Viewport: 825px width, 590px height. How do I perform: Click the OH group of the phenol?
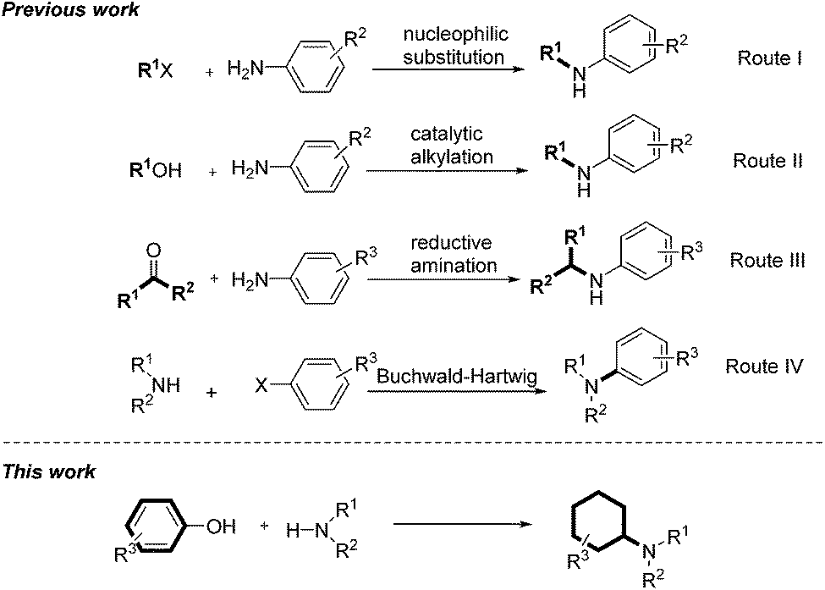tap(221, 526)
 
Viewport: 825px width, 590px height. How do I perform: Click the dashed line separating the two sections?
tap(412, 442)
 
